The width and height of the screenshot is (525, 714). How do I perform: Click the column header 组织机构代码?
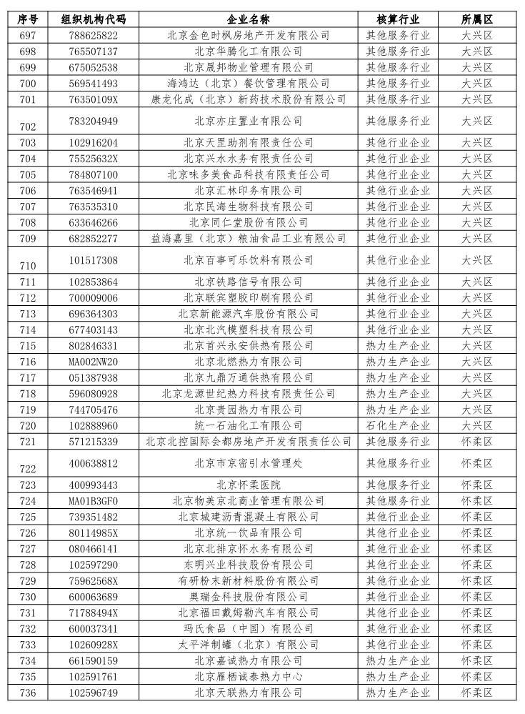tap(94, 19)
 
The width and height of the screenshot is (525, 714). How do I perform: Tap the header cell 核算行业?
tap(398, 19)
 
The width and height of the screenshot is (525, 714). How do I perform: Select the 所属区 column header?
tap(477, 19)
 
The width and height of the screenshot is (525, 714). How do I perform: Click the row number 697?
tap(28, 35)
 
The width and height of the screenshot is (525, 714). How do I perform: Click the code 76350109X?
tap(94, 99)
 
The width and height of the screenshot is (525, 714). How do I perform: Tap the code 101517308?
tap(94, 260)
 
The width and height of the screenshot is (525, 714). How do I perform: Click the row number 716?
tap(28, 362)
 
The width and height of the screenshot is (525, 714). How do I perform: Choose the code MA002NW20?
tap(94, 362)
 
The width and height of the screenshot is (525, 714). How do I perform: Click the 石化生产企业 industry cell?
tap(398, 425)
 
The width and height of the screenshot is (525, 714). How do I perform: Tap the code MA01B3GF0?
tap(94, 501)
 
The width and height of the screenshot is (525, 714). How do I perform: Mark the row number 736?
tap(28, 693)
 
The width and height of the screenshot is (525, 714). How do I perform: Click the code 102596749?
tap(94, 693)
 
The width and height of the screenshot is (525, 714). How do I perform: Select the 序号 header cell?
tap(28, 19)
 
